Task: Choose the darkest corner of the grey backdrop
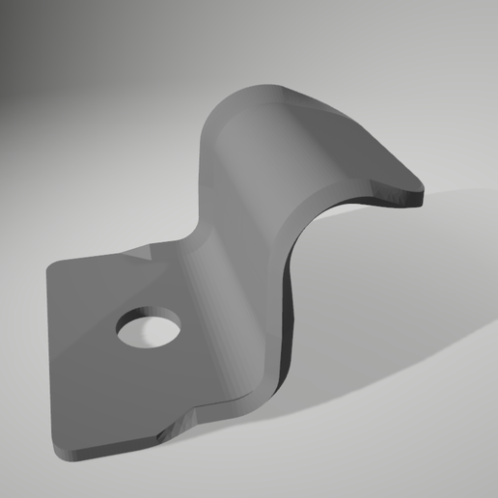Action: click(x=10, y=10)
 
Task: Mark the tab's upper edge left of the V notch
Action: click(x=97, y=259)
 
